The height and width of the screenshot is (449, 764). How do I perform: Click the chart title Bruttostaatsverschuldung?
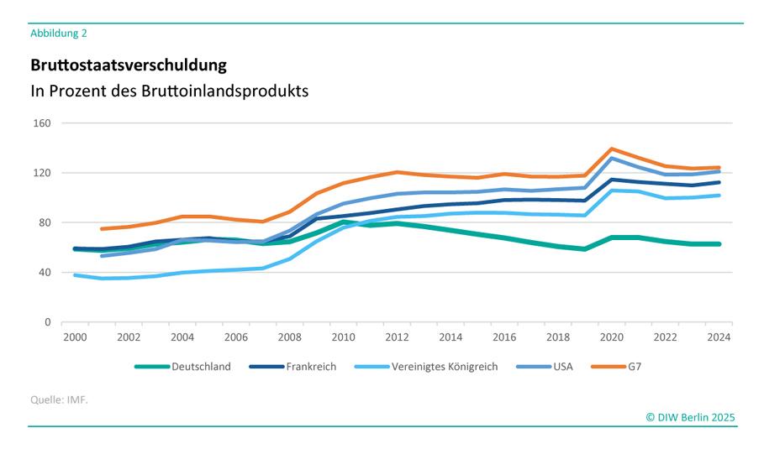(x=129, y=65)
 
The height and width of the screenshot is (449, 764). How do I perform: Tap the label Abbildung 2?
(x=59, y=34)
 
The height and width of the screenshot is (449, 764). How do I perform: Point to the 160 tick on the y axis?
(x=42, y=123)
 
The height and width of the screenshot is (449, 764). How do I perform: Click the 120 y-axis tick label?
(x=42, y=173)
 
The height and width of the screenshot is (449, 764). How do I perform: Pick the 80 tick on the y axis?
(x=45, y=222)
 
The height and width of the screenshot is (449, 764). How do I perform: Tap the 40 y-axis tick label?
(x=45, y=272)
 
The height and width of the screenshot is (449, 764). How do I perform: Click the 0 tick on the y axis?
(x=47, y=322)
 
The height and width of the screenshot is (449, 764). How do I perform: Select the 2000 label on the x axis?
(x=75, y=337)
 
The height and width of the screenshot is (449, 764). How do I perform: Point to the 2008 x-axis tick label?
(x=289, y=337)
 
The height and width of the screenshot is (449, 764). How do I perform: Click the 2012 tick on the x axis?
(x=397, y=337)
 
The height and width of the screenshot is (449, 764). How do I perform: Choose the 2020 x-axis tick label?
(x=611, y=337)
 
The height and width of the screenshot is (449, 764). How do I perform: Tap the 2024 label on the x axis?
(x=719, y=337)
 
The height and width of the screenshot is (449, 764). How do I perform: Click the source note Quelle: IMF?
(x=60, y=399)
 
